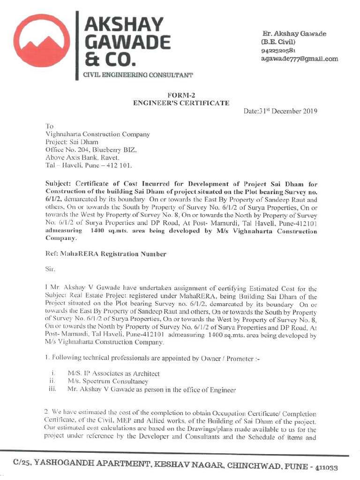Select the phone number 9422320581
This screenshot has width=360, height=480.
278,51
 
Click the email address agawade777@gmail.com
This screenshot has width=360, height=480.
299,59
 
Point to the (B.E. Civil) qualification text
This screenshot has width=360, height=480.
278,42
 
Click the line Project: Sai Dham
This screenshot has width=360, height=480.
72,142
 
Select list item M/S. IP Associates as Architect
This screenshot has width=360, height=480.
113,374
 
